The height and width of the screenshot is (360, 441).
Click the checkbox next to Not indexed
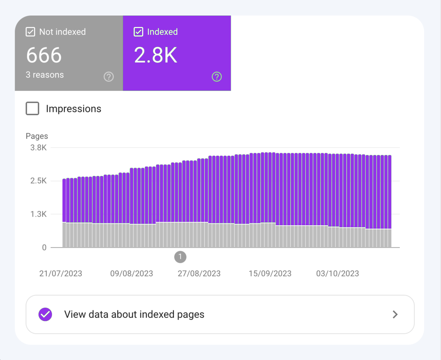pos(30,32)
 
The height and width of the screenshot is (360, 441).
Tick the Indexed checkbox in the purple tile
pos(138,32)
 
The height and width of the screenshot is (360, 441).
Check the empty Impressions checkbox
pos(33,109)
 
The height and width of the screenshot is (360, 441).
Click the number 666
pos(44,55)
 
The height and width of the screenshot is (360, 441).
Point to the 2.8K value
pos(156,55)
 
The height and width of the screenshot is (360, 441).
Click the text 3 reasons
pos(45,75)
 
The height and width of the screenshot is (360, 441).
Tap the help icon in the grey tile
pos(108,77)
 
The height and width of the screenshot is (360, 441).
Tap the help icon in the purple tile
pos(217,77)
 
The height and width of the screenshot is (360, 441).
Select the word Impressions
pos(73,109)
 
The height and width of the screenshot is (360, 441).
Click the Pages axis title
pos(37,136)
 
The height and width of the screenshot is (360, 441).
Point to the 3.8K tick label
pos(38,147)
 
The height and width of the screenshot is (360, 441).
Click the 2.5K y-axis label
pos(38,181)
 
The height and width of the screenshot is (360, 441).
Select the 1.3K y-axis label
pos(38,214)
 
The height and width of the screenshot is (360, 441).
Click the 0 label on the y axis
pos(44,247)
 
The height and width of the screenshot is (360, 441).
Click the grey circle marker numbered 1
pos(180,257)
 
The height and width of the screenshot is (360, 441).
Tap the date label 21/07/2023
pos(61,274)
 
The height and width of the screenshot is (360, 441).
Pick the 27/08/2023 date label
pos(199,274)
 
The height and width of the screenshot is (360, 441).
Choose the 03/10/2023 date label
pos(337,274)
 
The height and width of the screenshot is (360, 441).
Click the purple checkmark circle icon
pos(45,314)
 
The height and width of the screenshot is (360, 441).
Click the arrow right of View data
pos(395,314)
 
